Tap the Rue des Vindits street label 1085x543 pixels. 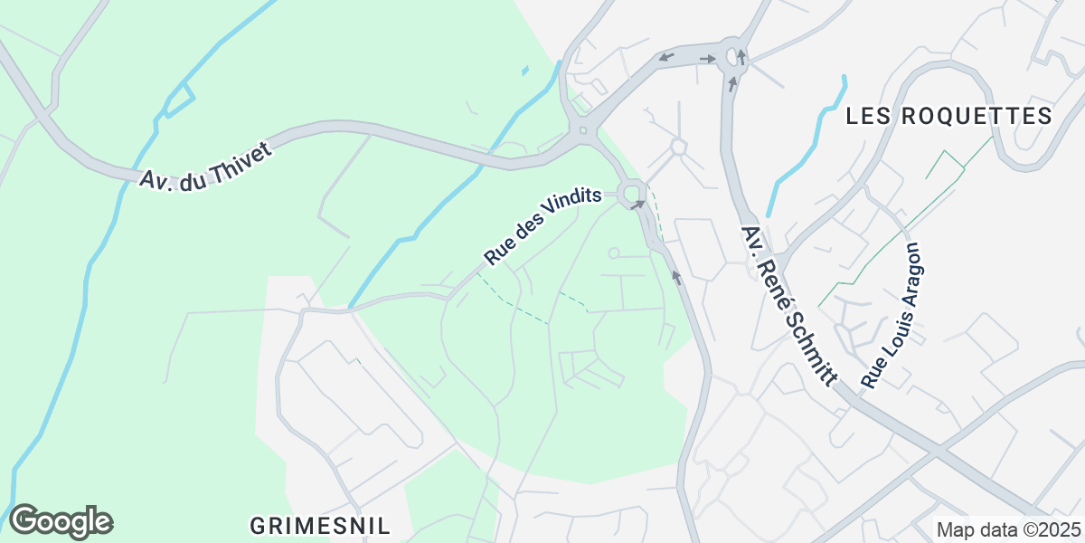[542, 228]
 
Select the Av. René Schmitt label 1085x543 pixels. [787, 307]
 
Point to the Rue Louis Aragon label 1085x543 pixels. [890, 315]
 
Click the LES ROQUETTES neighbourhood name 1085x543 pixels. [948, 116]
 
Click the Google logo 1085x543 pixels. [61, 521]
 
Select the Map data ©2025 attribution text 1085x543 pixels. [1007, 529]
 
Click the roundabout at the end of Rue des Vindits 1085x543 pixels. [630, 192]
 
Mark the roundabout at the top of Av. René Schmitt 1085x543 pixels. [731, 59]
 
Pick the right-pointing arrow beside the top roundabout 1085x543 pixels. [708, 59]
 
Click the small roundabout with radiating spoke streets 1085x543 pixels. [678, 146]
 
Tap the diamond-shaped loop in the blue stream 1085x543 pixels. [179, 100]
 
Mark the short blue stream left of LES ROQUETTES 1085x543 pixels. [805, 145]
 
